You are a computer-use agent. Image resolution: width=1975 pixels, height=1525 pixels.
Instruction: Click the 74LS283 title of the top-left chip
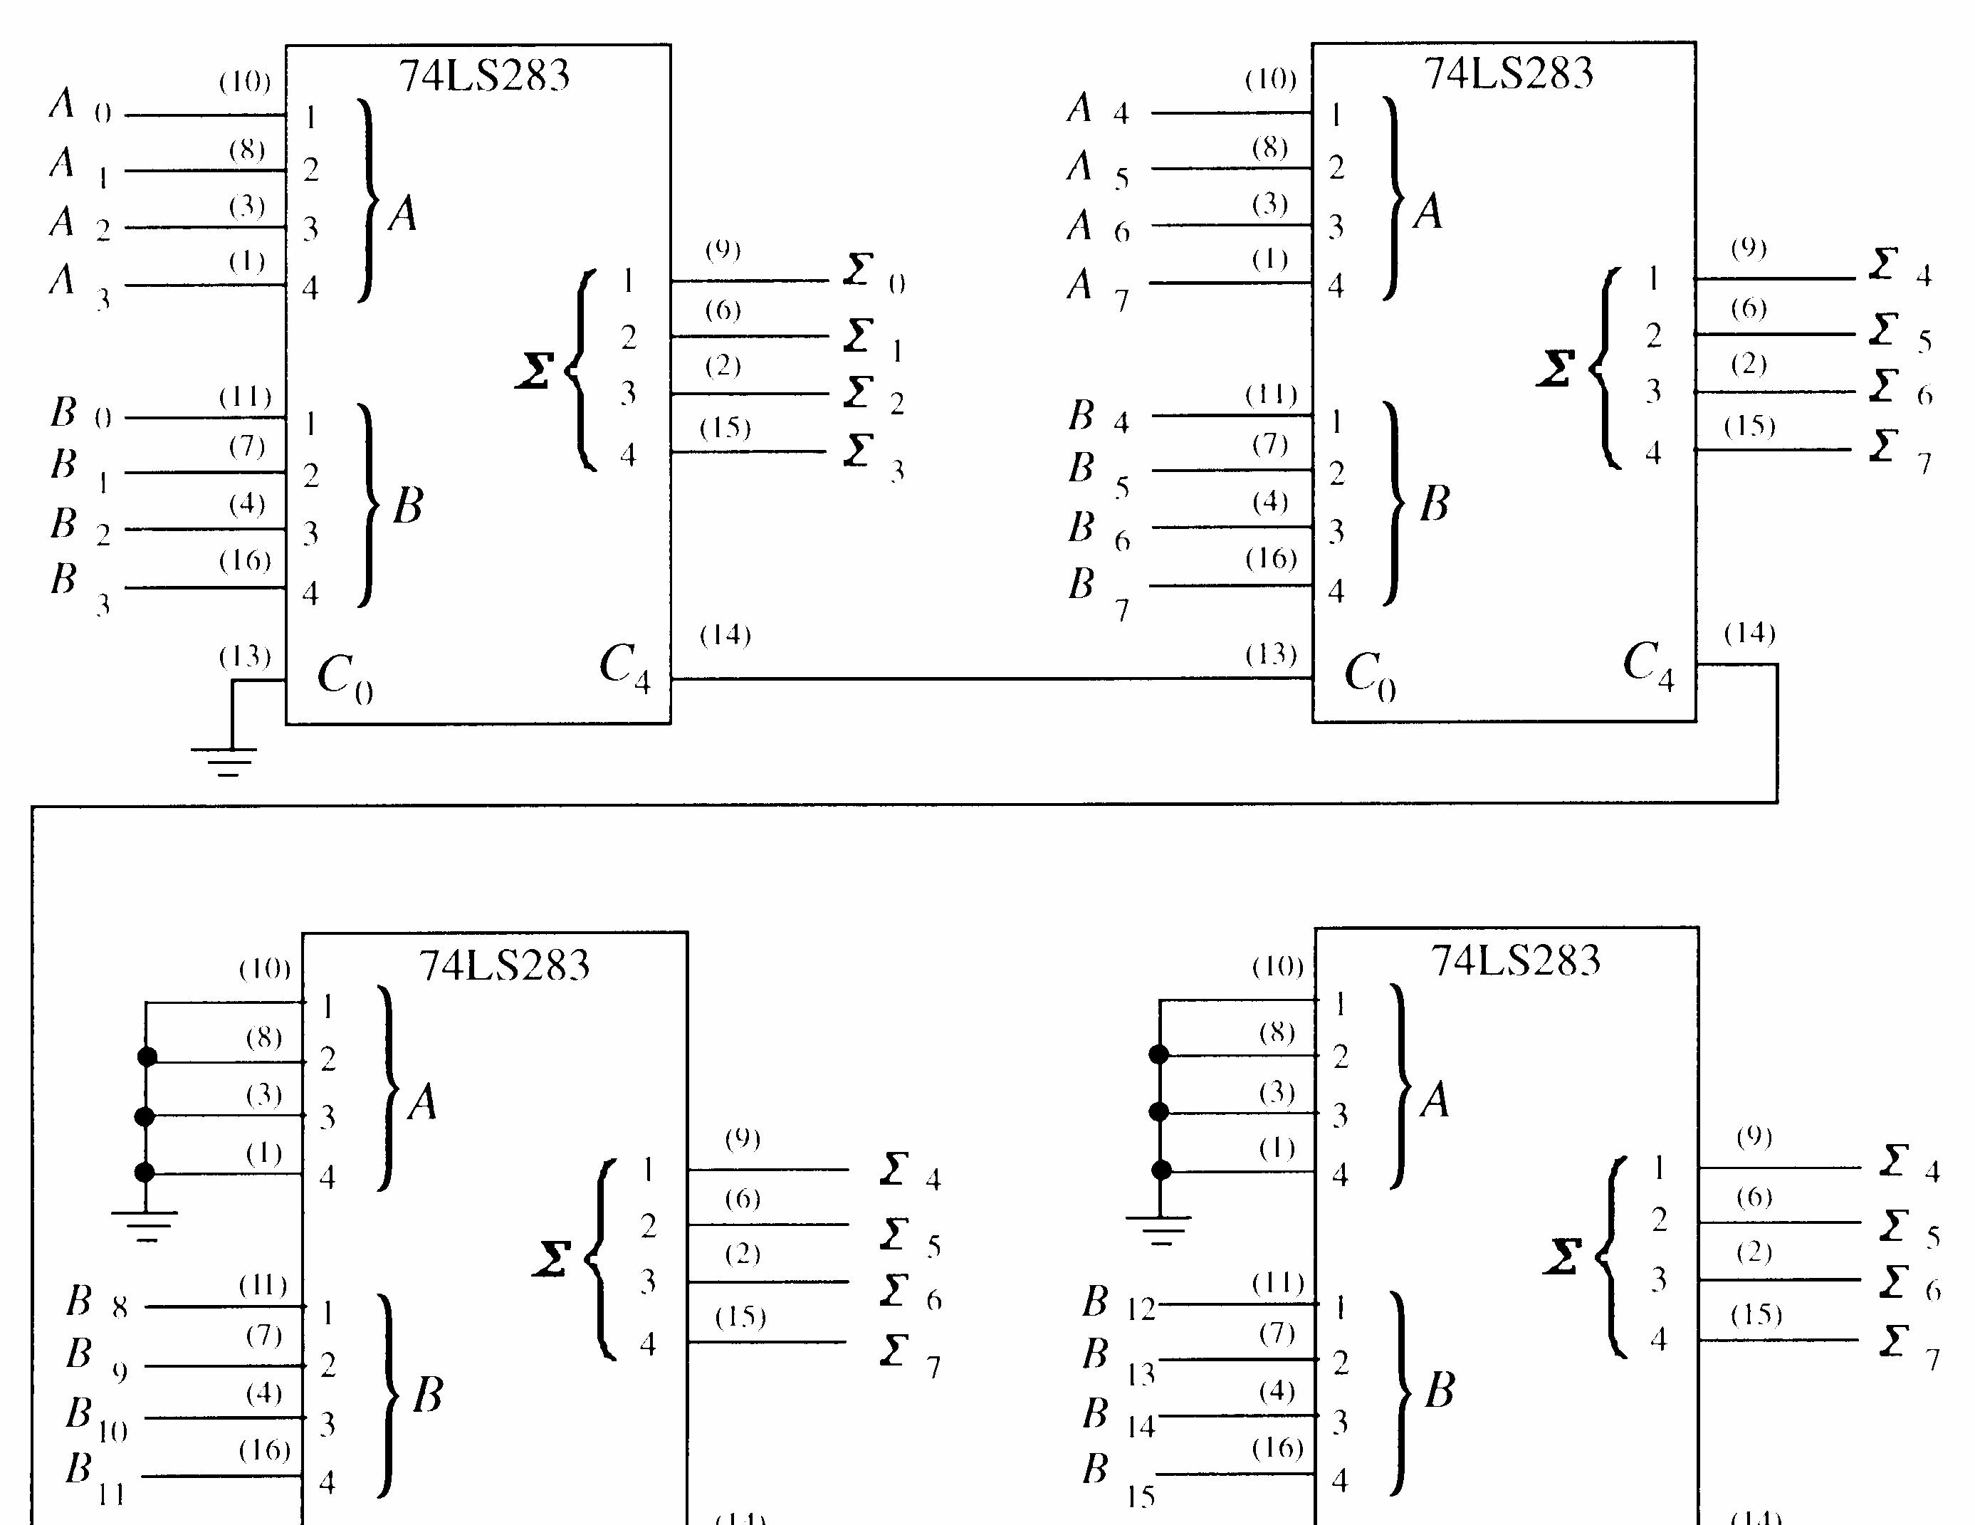pyautogui.click(x=484, y=74)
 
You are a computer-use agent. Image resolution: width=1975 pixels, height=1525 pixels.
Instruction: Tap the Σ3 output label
pyautogui.click(x=874, y=455)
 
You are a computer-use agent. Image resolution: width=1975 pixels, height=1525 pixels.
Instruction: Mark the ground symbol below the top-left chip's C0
pyautogui.click(x=224, y=760)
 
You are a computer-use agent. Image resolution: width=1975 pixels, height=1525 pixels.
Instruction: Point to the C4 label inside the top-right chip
pyautogui.click(x=1647, y=665)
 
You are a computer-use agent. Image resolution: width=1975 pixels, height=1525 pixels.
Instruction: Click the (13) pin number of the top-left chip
pyautogui.click(x=245, y=656)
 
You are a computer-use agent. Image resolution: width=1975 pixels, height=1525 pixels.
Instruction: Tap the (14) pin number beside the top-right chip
pyautogui.click(x=1749, y=633)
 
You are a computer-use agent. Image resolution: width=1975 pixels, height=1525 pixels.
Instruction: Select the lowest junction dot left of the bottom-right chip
pyautogui.click(x=1161, y=1170)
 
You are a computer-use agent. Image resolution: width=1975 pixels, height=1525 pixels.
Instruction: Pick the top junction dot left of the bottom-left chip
pyautogui.click(x=147, y=1057)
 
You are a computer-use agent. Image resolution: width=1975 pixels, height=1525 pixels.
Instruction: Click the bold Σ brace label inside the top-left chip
pyautogui.click(x=535, y=370)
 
